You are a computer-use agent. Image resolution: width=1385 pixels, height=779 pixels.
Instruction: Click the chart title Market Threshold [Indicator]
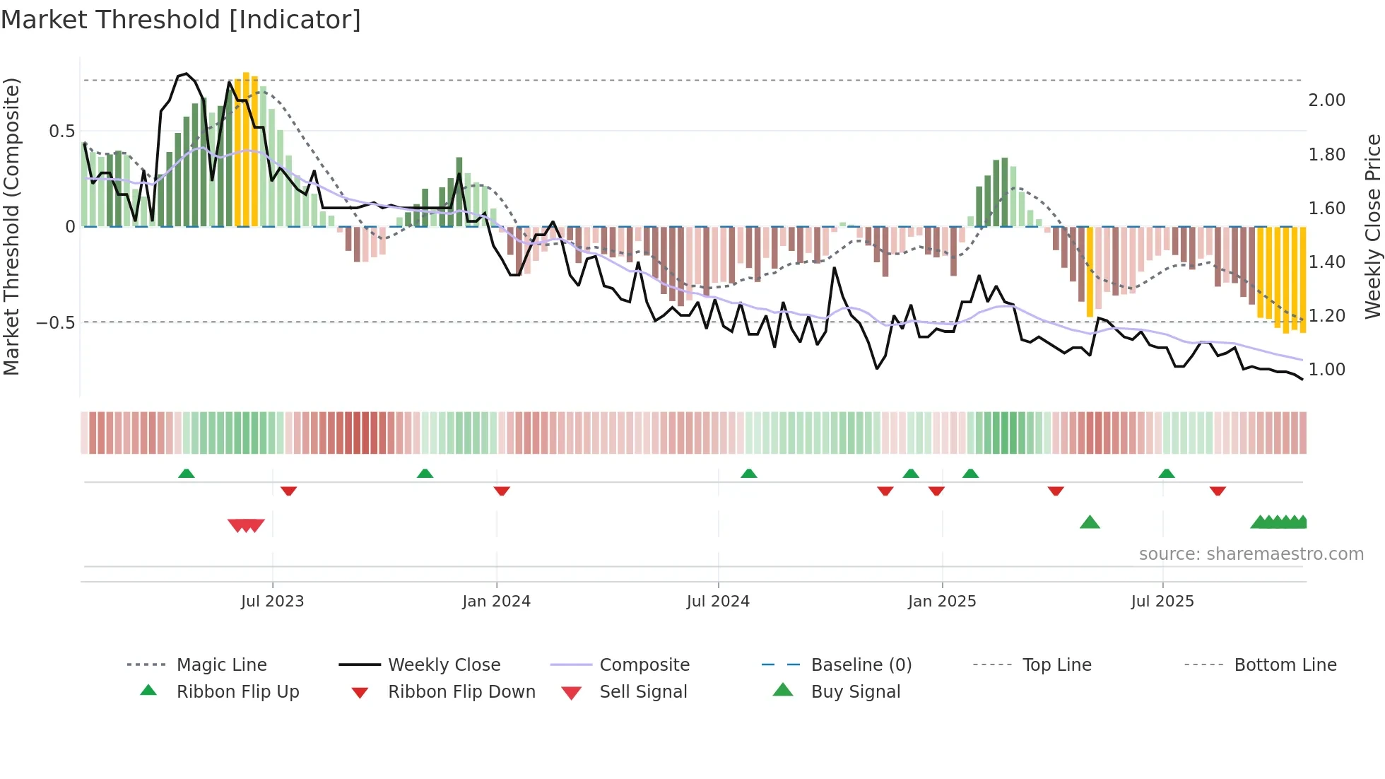click(x=181, y=20)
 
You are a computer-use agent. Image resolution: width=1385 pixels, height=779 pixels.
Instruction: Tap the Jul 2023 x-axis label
click(x=272, y=602)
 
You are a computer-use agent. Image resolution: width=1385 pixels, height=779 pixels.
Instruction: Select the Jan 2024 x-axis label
click(x=496, y=602)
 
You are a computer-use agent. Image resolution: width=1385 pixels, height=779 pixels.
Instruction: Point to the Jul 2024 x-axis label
click(x=718, y=602)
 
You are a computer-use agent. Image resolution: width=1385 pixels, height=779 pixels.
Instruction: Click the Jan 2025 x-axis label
click(x=942, y=602)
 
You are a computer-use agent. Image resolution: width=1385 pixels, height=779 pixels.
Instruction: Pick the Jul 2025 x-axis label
click(x=1162, y=602)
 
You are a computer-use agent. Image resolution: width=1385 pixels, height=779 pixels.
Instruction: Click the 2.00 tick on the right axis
click(x=1326, y=100)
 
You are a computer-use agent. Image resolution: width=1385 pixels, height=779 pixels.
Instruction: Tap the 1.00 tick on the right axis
click(x=1326, y=370)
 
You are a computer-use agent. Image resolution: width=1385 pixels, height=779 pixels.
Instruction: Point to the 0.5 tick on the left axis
click(x=61, y=131)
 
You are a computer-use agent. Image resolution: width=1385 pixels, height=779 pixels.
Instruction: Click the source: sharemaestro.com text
click(x=1251, y=554)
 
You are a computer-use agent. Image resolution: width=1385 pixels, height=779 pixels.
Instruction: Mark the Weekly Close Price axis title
click(x=1372, y=226)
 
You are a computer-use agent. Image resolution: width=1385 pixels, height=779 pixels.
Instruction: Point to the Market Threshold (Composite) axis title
click(x=11, y=226)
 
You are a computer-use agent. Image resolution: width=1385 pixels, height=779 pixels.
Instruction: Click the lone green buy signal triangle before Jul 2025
click(x=1090, y=522)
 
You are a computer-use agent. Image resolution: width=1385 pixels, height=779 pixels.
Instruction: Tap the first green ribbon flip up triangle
click(x=186, y=474)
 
